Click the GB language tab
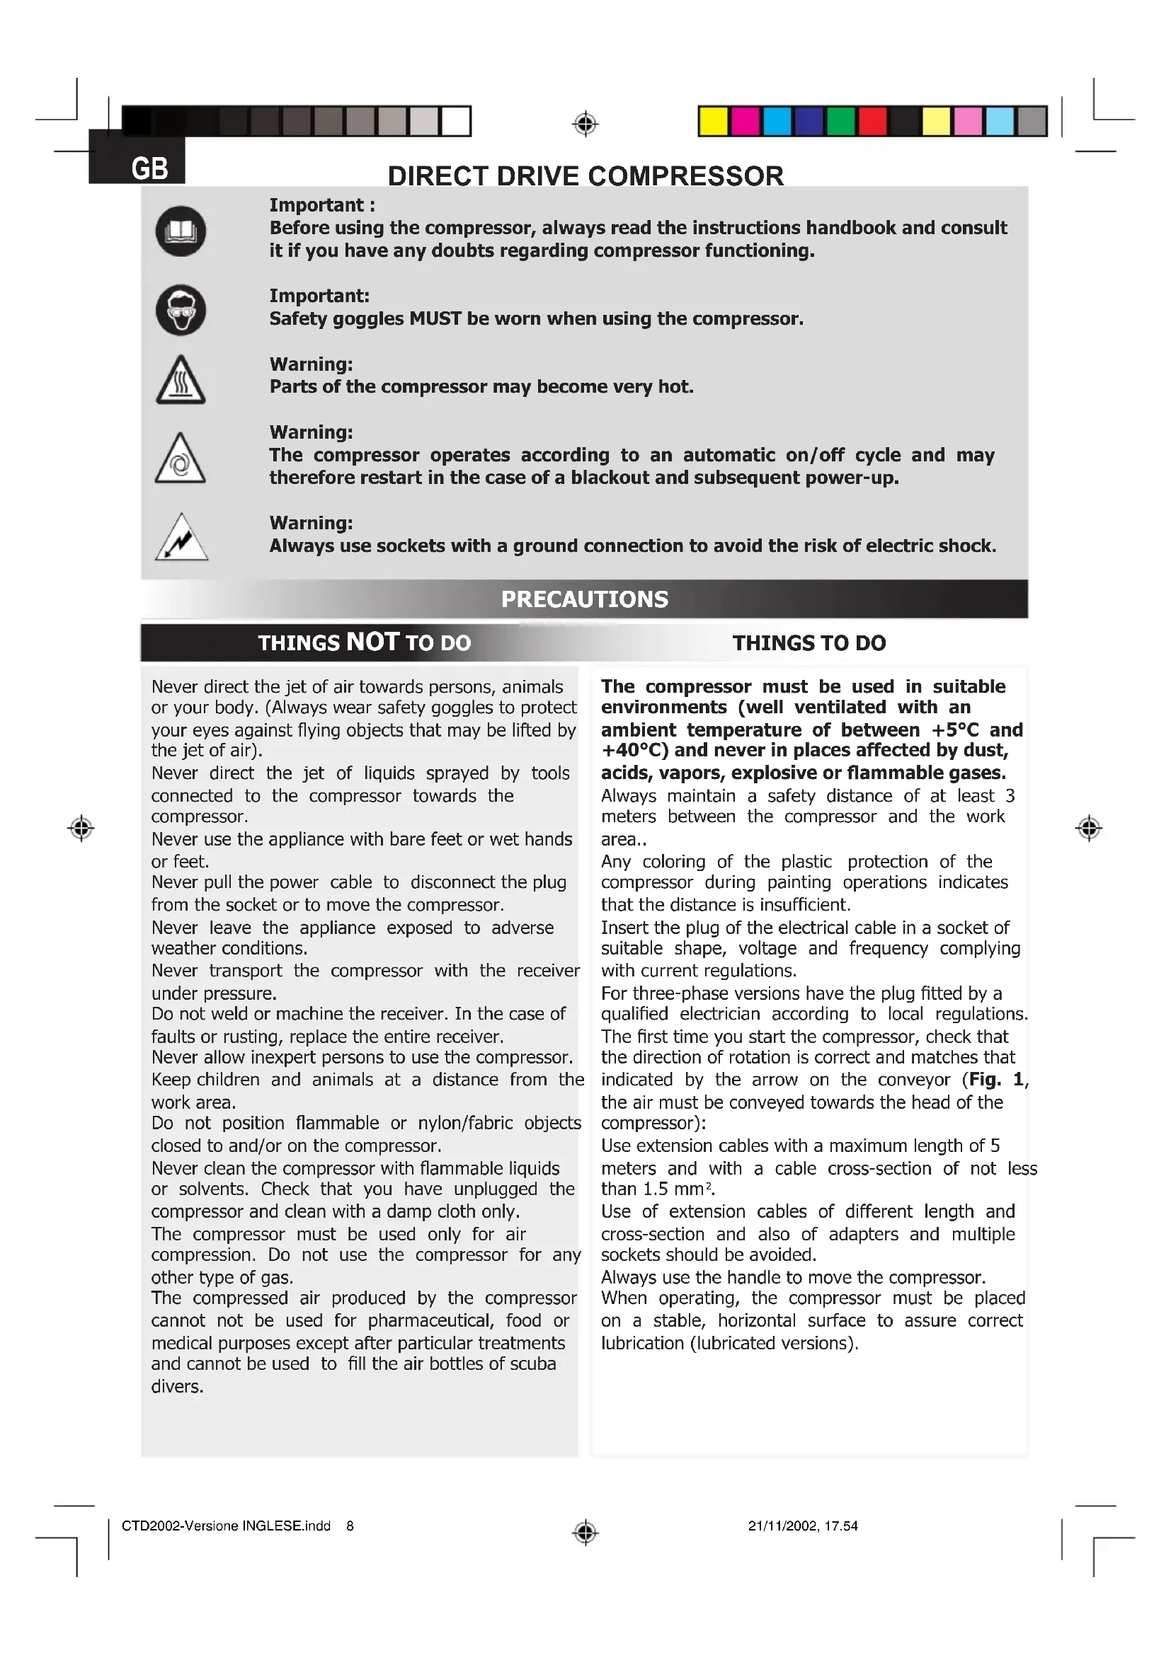pyautogui.click(x=149, y=168)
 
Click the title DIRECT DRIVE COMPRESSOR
pyautogui.click(x=585, y=176)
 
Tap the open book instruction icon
pyautogui.click(x=181, y=231)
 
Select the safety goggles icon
pyautogui.click(x=181, y=310)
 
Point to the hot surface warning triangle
pyautogui.click(x=181, y=381)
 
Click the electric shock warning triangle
pyautogui.click(x=182, y=538)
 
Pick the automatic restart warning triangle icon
pyautogui.click(x=181, y=460)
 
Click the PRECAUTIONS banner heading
pyautogui.click(x=585, y=599)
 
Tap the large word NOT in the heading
pyautogui.click(x=372, y=642)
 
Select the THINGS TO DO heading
pyautogui.click(x=809, y=643)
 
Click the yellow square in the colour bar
pyautogui.click(x=713, y=121)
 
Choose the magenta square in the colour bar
pyautogui.click(x=745, y=121)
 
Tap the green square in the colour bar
pyautogui.click(x=840, y=121)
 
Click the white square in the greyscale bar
pyautogui.click(x=456, y=121)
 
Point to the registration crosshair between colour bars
pyautogui.click(x=585, y=124)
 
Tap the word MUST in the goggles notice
pyautogui.click(x=435, y=318)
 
